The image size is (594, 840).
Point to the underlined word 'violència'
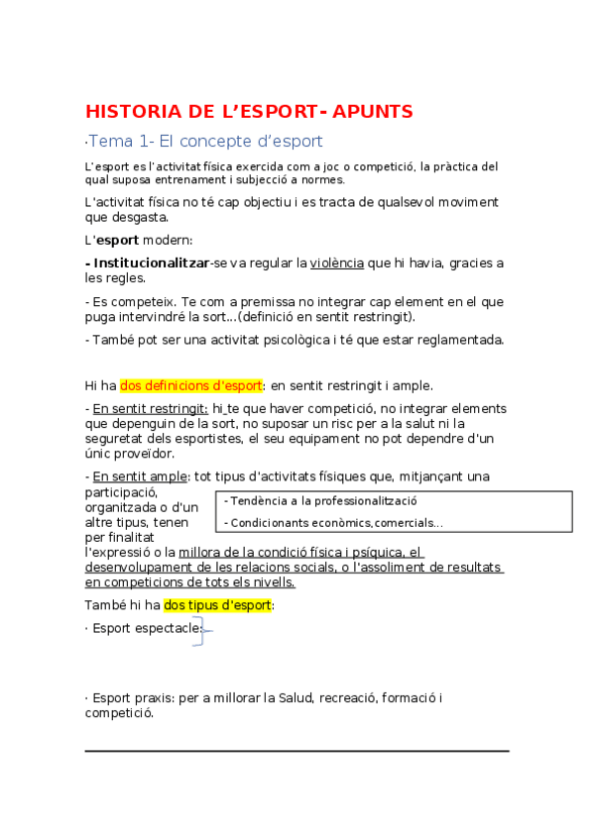pos(337,262)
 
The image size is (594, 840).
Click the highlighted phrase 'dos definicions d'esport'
pos(191,385)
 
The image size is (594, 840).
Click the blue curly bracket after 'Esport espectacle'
pos(203,630)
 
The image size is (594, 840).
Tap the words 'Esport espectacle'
pos(146,628)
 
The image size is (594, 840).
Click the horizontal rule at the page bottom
pos(297,751)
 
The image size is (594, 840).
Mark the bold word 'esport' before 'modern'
pos(116,240)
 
